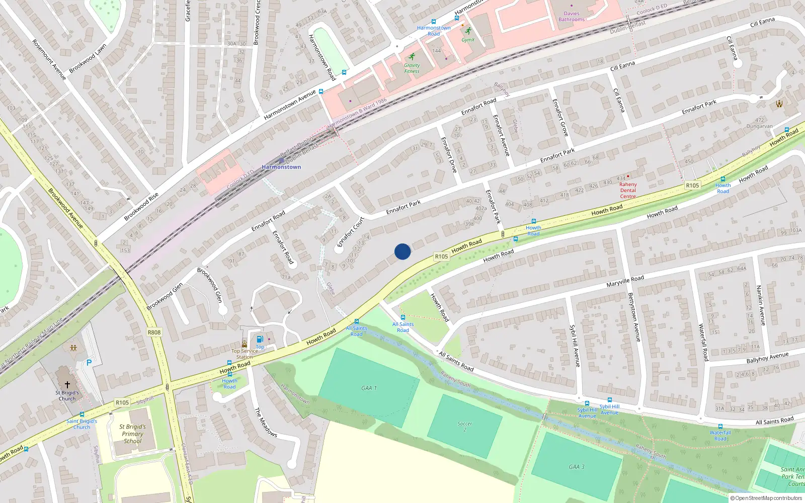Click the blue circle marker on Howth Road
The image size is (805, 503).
tap(403, 251)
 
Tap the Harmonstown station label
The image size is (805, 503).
tap(281, 167)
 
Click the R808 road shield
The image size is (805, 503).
tap(154, 332)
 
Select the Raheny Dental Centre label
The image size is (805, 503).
tap(628, 190)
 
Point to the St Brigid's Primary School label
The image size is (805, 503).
tap(132, 434)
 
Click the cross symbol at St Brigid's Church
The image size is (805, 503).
tap(67, 384)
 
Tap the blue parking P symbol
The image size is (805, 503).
tap(89, 363)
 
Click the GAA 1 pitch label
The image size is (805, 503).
tap(369, 388)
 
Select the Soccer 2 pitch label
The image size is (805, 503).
tap(465, 427)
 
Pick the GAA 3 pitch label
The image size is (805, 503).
tap(577, 467)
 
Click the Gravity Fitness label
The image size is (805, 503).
tap(412, 68)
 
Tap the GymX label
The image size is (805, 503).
tap(468, 40)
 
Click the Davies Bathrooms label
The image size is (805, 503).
tap(572, 17)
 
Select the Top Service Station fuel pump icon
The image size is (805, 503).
tap(260, 340)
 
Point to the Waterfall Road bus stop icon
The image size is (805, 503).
tap(720, 426)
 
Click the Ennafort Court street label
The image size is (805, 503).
tap(350, 231)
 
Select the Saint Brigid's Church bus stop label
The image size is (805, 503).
tap(82, 424)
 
